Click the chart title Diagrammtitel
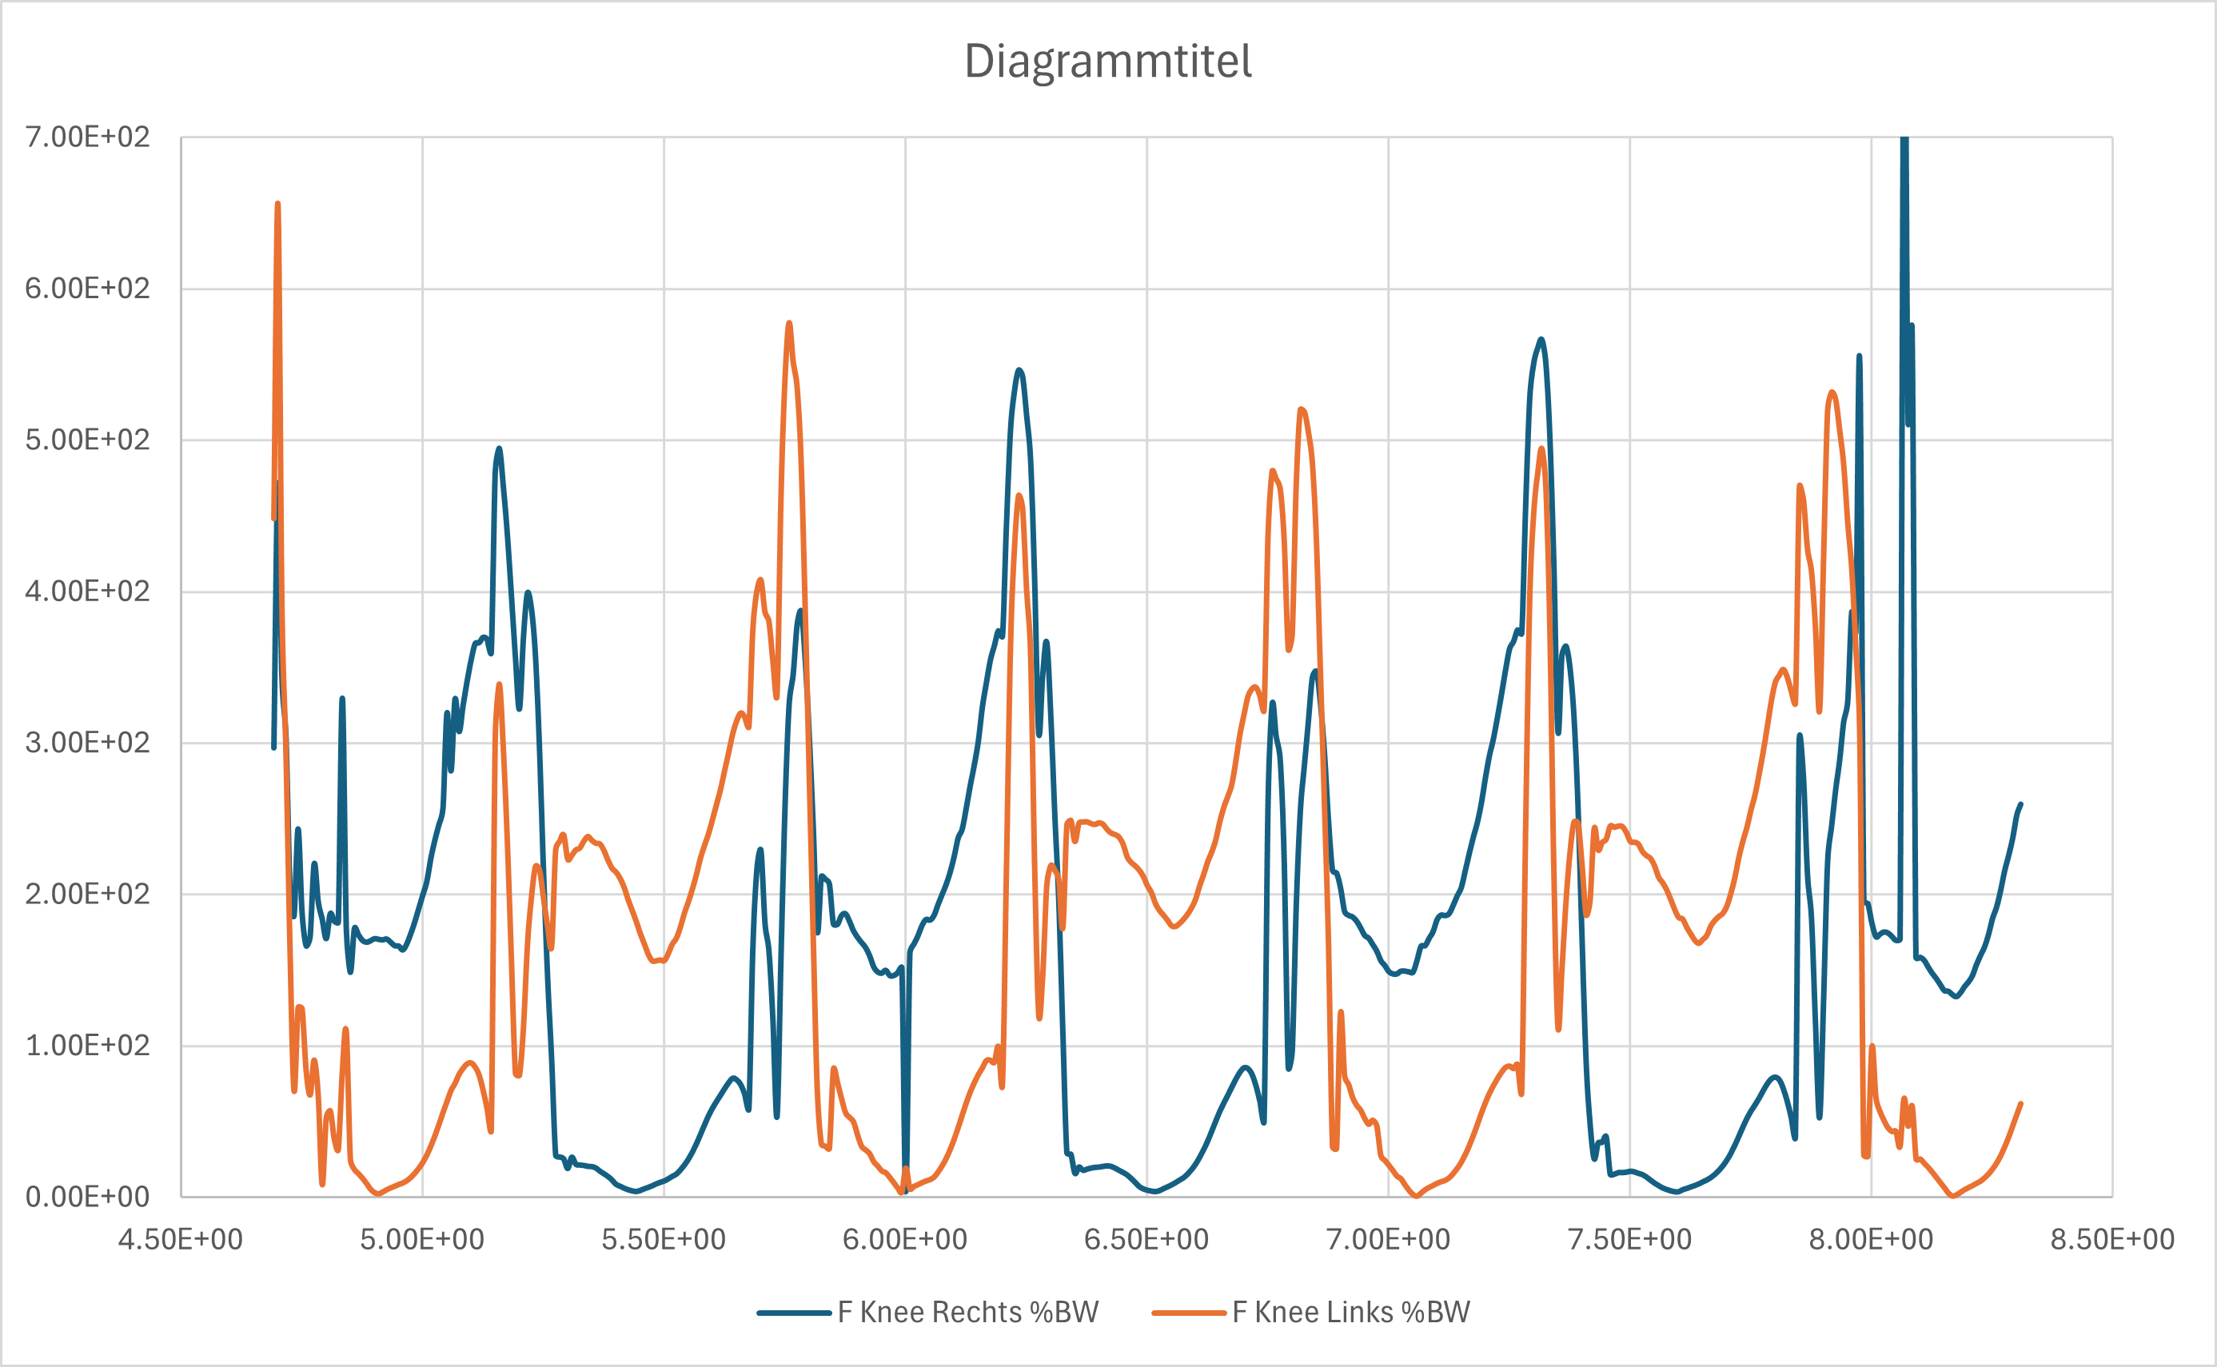pyautogui.click(x=1107, y=62)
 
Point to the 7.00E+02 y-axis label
pyautogui.click(x=87, y=137)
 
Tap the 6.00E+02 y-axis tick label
pyautogui.click(x=87, y=289)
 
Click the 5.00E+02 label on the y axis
pyautogui.click(x=87, y=440)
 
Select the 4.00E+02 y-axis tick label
pyautogui.click(x=87, y=592)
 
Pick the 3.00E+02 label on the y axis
pyautogui.click(x=87, y=743)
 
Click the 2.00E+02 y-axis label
pyautogui.click(x=87, y=895)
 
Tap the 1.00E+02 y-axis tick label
pyautogui.click(x=87, y=1046)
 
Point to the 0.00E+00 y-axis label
pyautogui.click(x=87, y=1197)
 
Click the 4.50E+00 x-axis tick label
pyautogui.click(x=181, y=1240)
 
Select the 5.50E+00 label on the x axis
pyautogui.click(x=664, y=1240)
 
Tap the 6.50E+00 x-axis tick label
pyautogui.click(x=1146, y=1240)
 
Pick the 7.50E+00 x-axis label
pyautogui.click(x=1629, y=1240)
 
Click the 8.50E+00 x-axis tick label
pyautogui.click(x=2112, y=1240)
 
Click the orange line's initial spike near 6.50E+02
pyautogui.click(x=277, y=205)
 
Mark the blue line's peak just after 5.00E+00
pyautogui.click(x=499, y=449)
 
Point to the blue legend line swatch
pyautogui.click(x=794, y=1313)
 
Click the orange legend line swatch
pyautogui.click(x=1188, y=1313)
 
